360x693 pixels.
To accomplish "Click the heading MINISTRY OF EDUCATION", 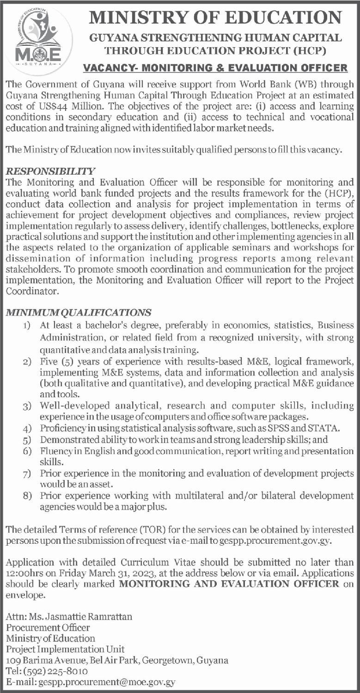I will click(x=215, y=18).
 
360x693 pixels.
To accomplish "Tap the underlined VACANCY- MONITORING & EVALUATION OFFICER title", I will click(x=215, y=68).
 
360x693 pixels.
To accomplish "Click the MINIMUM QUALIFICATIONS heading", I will click(x=79, y=312).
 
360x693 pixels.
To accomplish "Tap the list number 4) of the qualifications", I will click(x=28, y=426).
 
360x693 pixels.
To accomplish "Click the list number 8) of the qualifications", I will click(x=28, y=496).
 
